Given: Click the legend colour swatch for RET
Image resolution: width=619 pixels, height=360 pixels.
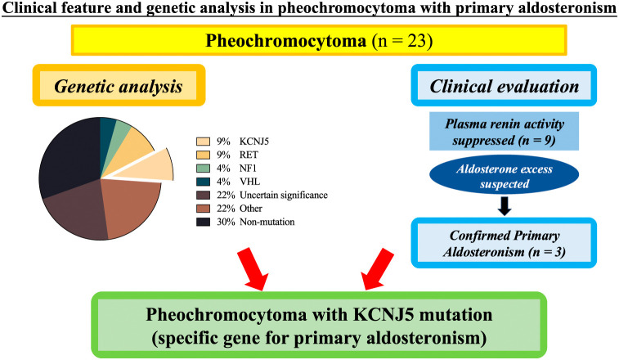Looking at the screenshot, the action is pyautogui.click(x=203, y=155).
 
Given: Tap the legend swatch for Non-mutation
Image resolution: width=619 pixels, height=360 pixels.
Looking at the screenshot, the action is pyautogui.click(x=203, y=222).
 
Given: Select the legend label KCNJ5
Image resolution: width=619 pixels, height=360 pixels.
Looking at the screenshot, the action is pyautogui.click(x=254, y=142).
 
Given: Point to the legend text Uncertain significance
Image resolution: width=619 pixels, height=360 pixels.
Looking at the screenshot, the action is pyautogui.click(x=284, y=195).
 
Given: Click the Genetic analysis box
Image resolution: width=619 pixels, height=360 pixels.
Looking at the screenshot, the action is pyautogui.click(x=119, y=85).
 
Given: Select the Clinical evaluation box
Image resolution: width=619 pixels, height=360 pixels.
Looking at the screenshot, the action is pyautogui.click(x=504, y=85).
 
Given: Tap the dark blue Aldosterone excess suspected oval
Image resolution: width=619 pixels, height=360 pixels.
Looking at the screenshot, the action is pyautogui.click(x=505, y=176).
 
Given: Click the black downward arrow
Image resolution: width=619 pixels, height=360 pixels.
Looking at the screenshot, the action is pyautogui.click(x=505, y=205).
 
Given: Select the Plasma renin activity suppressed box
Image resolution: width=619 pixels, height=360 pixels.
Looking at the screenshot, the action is pyautogui.click(x=505, y=132).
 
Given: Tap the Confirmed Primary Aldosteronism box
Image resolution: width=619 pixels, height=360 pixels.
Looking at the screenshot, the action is pyautogui.click(x=504, y=243).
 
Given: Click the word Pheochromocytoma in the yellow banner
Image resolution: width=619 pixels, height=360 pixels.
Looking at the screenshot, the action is pyautogui.click(x=286, y=41).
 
